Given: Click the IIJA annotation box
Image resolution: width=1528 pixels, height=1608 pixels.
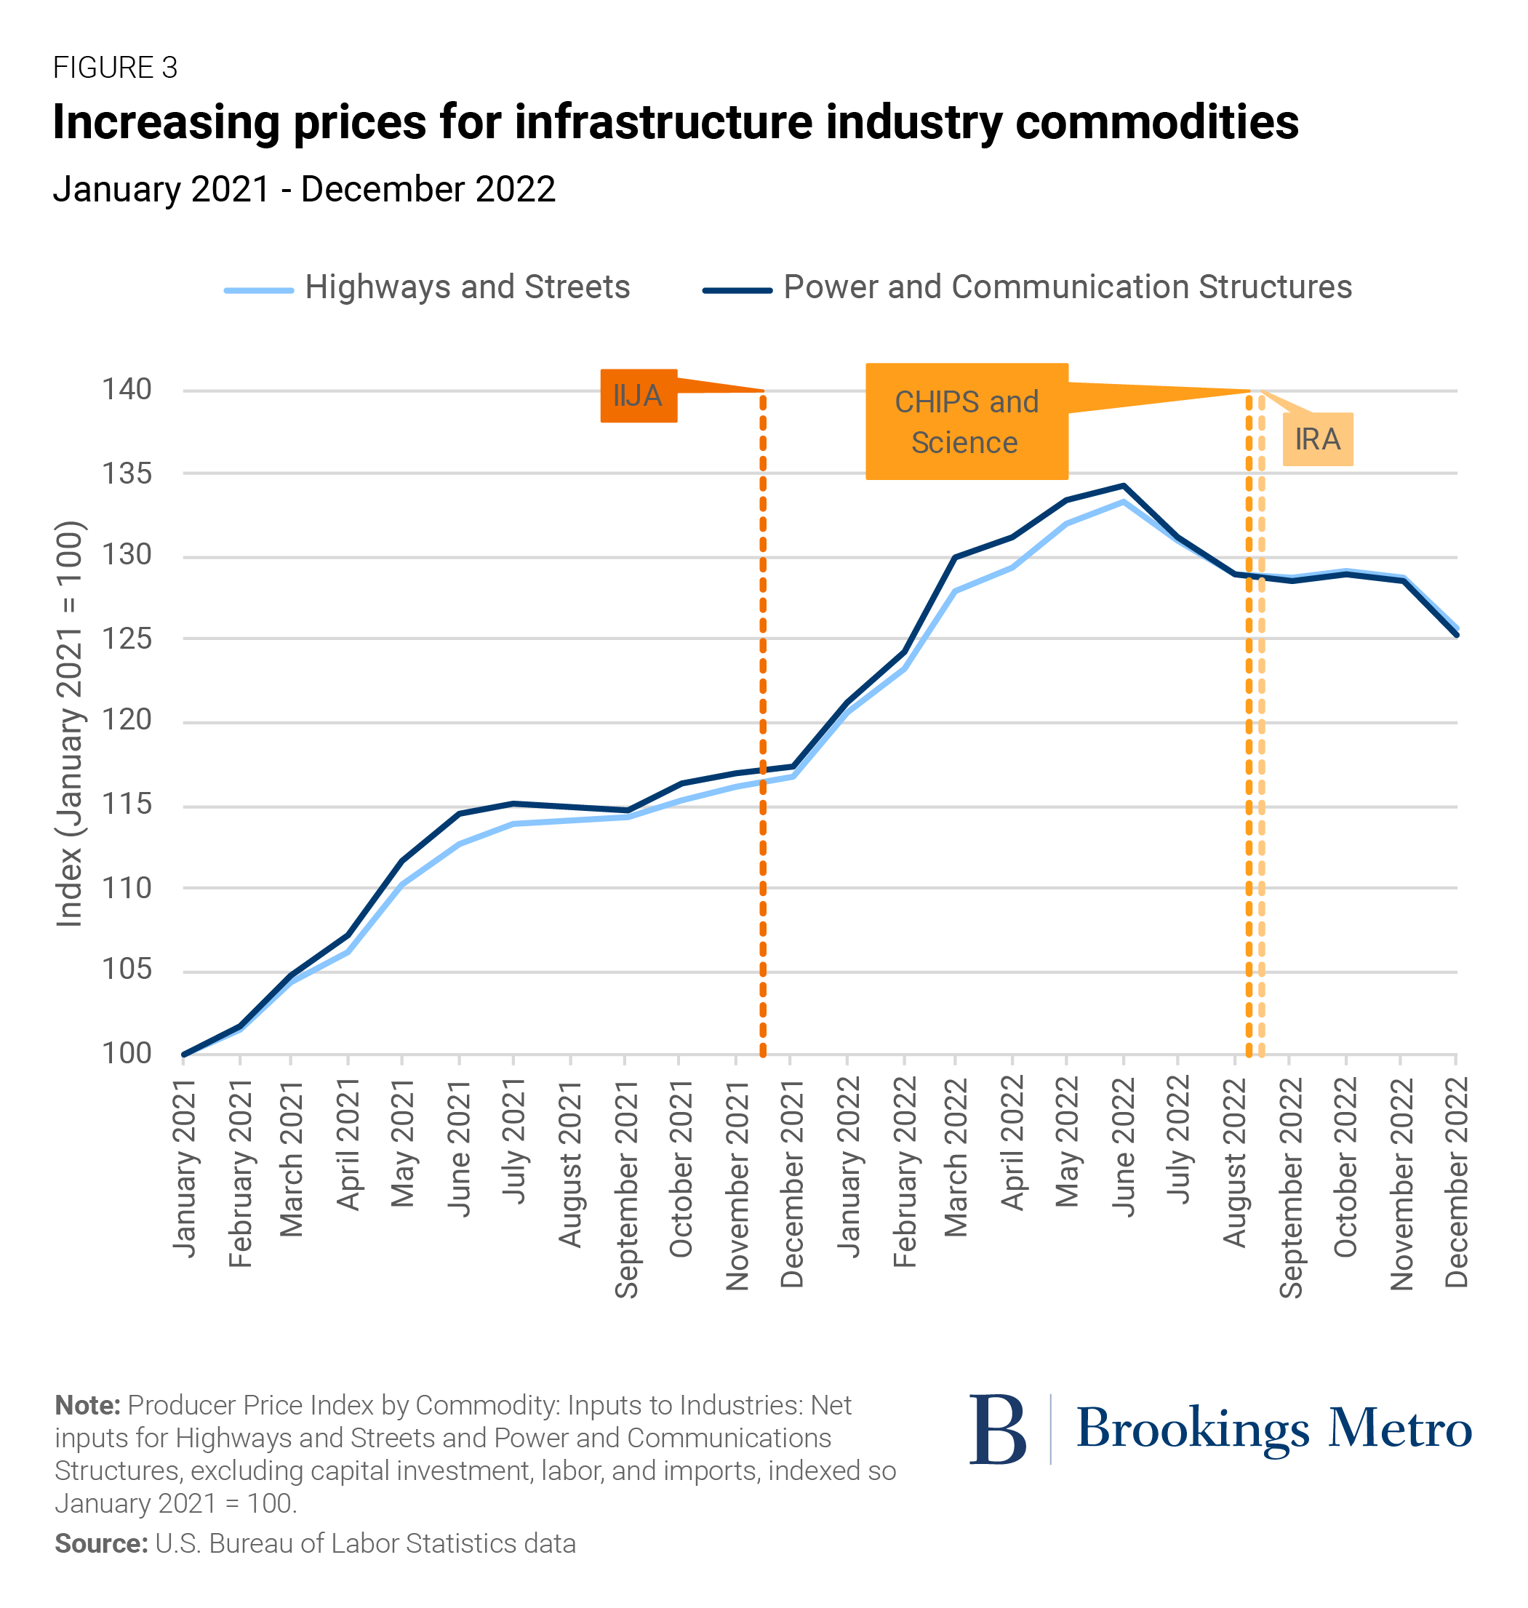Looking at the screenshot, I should [638, 396].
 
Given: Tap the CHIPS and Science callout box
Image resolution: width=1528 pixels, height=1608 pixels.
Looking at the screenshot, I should [966, 421].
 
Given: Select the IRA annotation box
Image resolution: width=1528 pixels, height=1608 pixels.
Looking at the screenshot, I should [1317, 439].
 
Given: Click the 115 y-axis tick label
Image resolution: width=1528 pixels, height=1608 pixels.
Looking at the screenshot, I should [127, 804].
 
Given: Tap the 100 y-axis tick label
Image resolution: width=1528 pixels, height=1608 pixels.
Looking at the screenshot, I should [127, 1053].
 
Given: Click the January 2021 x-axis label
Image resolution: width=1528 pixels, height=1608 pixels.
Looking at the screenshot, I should [184, 1168].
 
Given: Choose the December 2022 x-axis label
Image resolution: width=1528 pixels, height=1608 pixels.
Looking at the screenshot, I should [1456, 1181].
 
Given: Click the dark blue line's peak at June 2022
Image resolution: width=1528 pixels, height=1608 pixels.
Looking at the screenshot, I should [1124, 487].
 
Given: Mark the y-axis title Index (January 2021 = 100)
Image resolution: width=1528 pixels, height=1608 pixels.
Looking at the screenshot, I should [69, 724].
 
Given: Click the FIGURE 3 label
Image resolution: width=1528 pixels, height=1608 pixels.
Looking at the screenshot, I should [115, 68].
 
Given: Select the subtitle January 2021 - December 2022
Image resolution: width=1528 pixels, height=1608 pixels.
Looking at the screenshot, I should [304, 189].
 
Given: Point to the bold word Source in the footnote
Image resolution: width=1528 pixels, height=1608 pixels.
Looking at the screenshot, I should [100, 1544].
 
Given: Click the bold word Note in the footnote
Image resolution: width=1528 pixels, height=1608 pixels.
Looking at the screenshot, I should [87, 1405].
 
